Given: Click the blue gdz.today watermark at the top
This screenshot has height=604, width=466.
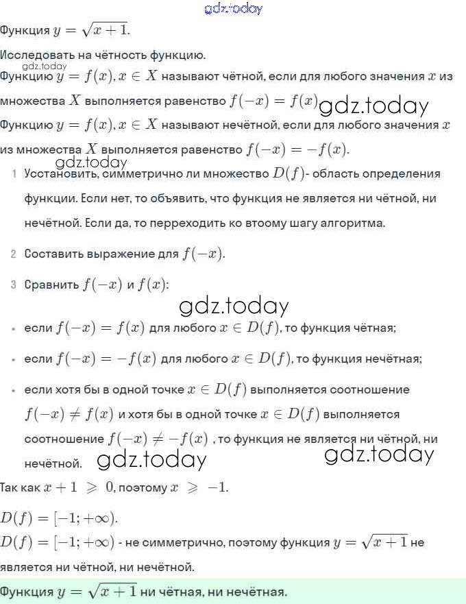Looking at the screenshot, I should [x=233, y=9].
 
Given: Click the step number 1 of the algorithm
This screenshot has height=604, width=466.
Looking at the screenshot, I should [x=14, y=174].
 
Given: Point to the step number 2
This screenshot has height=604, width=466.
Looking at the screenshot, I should [x=14, y=254].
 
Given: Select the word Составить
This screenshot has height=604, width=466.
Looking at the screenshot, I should [x=54, y=254].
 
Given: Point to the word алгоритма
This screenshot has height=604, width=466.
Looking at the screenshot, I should [x=353, y=224].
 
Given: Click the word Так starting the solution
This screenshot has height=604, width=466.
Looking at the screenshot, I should [x=10, y=488].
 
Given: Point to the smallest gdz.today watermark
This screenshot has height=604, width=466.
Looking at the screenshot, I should [x=45, y=67].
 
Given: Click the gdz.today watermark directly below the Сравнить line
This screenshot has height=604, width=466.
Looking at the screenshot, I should [x=234, y=306].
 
